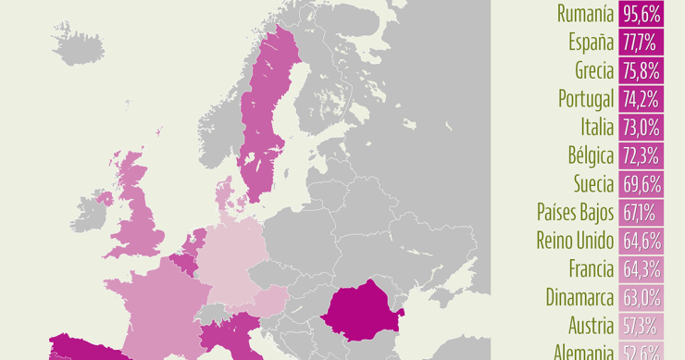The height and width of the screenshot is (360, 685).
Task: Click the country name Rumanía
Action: [585, 13]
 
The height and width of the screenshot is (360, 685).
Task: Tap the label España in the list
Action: [590, 42]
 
